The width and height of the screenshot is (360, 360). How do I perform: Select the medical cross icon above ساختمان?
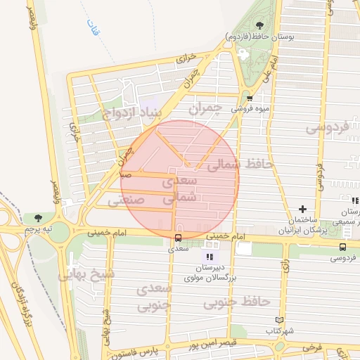[302, 209]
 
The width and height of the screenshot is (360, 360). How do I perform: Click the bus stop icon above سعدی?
[177, 237]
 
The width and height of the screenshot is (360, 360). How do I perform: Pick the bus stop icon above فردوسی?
[342, 247]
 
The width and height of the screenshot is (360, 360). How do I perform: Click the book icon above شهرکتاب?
[280, 320]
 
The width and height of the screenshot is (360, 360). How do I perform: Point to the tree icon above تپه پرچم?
[38, 218]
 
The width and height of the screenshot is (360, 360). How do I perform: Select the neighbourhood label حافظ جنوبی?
[237, 302]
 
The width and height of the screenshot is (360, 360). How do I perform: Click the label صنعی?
[126, 200]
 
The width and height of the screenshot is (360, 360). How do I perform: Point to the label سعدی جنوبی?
[154, 297]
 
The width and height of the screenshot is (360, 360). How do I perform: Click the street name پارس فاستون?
[132, 351]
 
